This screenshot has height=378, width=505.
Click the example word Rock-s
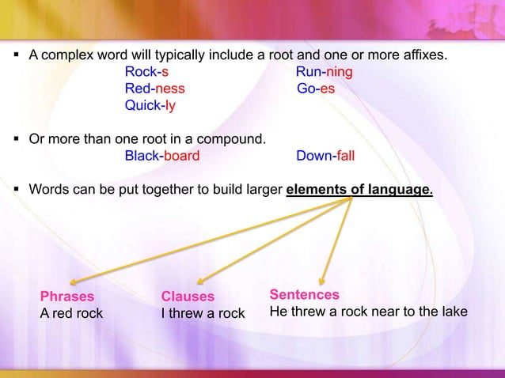tap(146, 74)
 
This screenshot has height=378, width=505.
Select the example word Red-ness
tap(155, 89)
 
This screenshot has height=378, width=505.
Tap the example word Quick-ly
tap(150, 105)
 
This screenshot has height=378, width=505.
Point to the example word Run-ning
tap(325, 74)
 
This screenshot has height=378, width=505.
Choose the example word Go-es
tap(316, 89)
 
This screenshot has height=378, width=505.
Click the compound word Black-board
tap(162, 156)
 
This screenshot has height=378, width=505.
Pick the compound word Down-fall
tap(325, 156)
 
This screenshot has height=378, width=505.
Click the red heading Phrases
tap(67, 297)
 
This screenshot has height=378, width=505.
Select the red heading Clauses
tap(188, 297)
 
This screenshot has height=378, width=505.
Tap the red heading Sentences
tap(305, 294)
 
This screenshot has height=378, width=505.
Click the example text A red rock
tap(71, 313)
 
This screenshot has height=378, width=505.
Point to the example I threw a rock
tap(203, 313)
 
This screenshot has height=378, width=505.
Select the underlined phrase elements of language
tap(359, 190)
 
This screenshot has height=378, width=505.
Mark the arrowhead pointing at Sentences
tap(323, 278)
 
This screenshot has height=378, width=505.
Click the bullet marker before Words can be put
tap(17, 190)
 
